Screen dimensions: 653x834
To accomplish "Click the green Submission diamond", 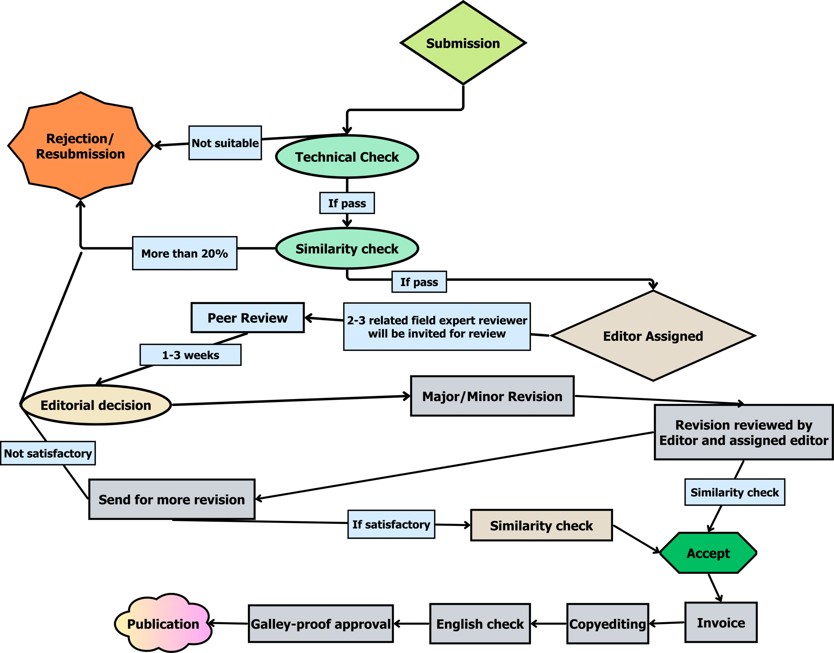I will (463, 43).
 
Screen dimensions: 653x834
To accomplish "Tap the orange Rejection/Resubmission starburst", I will (80, 146).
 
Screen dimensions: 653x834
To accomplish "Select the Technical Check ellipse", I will (347, 157).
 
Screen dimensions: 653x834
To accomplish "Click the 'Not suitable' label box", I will (225, 143).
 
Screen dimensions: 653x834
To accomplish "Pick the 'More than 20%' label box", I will (185, 253).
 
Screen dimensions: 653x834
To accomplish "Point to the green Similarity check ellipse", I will (347, 248).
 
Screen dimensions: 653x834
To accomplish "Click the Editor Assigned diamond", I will (653, 336).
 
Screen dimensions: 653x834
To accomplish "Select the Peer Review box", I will (247, 318).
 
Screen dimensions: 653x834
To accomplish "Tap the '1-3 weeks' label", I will (191, 355).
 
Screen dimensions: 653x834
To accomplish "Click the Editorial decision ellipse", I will (95, 405).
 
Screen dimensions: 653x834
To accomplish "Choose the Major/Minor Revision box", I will (492, 396).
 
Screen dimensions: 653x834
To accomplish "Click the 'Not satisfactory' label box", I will (48, 453).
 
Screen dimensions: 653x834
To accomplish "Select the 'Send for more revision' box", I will (172, 499).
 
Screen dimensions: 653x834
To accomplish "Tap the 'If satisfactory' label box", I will (391, 524).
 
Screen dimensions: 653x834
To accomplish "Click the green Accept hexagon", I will (708, 553).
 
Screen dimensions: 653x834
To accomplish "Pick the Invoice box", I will (721, 623).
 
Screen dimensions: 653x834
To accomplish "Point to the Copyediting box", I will (608, 624).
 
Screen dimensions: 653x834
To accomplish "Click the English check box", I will (480, 624).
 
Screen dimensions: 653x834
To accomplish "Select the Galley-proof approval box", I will (321, 624).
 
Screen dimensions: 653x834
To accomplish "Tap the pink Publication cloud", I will (163, 624).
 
